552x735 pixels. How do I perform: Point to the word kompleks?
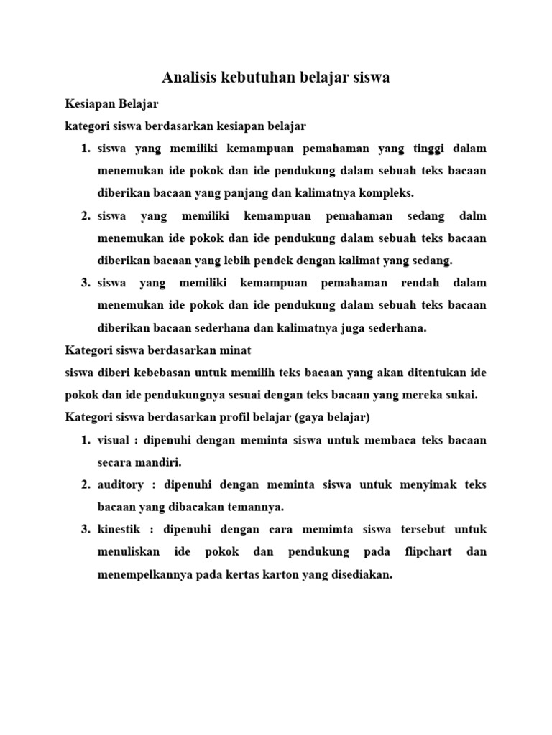(389, 193)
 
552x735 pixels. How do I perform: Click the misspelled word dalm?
(473, 216)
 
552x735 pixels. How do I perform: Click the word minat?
(234, 350)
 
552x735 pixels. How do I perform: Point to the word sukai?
(460, 395)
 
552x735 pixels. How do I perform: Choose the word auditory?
(121, 484)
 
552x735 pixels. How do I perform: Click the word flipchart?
(425, 552)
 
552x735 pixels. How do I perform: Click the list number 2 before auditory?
(85, 484)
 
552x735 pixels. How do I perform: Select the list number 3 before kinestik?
(85, 530)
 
